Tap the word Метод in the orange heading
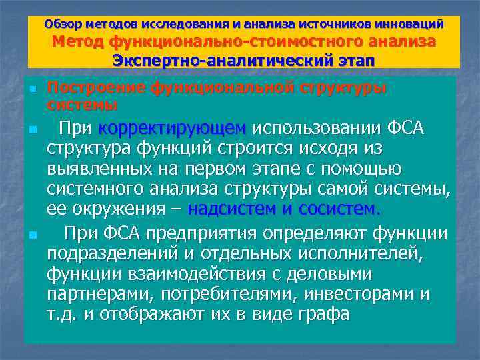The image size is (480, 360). (78, 42)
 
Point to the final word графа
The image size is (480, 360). (321, 314)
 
